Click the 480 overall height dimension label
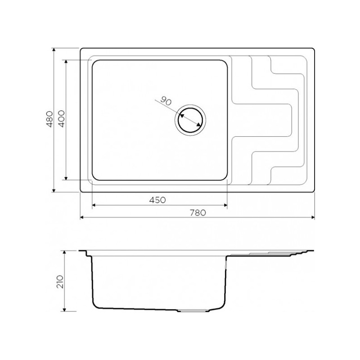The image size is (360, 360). click(49, 119)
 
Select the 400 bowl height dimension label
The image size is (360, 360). click(62, 119)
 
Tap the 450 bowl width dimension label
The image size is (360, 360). click(157, 200)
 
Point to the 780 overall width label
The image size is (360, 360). click(198, 213)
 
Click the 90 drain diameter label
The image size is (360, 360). click(166, 101)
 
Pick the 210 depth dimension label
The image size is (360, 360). click(60, 282)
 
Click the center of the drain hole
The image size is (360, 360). click(190, 120)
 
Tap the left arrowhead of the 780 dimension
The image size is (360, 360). click(82, 217)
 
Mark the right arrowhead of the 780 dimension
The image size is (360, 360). click(313, 217)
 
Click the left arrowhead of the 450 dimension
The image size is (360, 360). click(94, 205)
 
